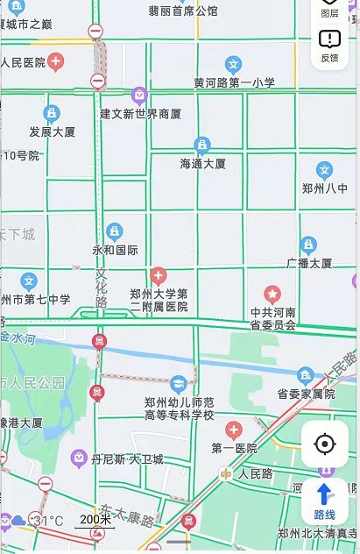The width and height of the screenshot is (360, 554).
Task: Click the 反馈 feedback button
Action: pyautogui.click(x=329, y=45)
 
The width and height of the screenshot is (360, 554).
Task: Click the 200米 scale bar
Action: pyautogui.click(x=94, y=520)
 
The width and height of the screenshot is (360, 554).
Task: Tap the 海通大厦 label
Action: pyautogui.click(x=202, y=163)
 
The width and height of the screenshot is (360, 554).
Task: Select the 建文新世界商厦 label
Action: pyautogui.click(x=140, y=114)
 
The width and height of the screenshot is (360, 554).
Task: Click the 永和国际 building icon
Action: pyautogui.click(x=115, y=232)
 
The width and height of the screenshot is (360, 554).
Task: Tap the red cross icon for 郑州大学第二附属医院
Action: pyautogui.click(x=159, y=275)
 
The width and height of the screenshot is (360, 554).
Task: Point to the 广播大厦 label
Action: pyautogui.click(x=308, y=263)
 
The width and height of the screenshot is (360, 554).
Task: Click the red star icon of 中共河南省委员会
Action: pyautogui.click(x=272, y=294)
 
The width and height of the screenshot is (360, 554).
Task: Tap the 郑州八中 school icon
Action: pyautogui.click(x=324, y=171)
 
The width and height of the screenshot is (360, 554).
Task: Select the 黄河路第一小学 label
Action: pyautogui.click(x=234, y=82)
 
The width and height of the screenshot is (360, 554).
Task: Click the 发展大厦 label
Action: pyautogui.click(x=53, y=131)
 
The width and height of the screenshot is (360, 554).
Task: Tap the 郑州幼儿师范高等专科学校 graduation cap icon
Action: pyautogui.click(x=179, y=383)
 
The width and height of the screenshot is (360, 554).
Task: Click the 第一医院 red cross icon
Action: pyautogui.click(x=234, y=430)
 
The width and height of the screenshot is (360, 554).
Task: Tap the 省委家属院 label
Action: pyautogui.click(x=306, y=394)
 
